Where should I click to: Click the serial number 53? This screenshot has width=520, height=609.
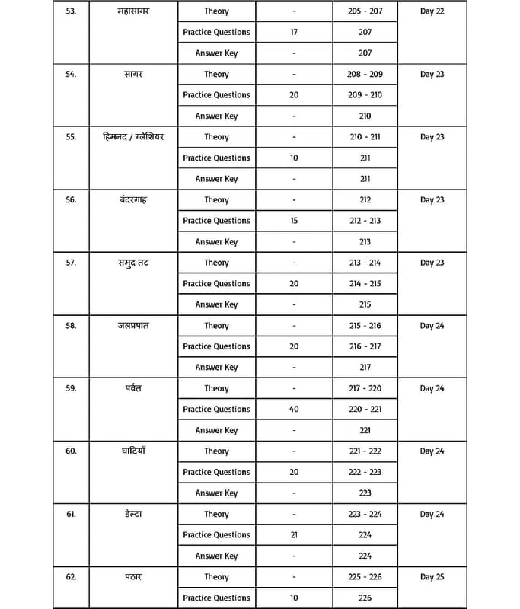point(71,11)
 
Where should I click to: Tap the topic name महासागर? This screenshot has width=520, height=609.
point(133,11)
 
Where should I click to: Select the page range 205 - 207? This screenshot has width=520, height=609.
point(365,11)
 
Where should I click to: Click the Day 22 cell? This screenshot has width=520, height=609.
point(432,11)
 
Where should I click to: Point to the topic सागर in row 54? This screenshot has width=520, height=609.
point(133,75)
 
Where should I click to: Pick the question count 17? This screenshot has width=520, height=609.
point(294,33)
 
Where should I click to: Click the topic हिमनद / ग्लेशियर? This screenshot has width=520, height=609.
point(133,137)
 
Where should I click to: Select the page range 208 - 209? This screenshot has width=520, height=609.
point(365,75)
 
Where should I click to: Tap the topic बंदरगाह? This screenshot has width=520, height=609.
point(133,200)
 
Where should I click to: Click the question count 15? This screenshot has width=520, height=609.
point(294,221)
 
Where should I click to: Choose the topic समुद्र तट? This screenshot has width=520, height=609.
point(133,263)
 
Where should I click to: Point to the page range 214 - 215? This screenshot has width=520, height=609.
point(365,284)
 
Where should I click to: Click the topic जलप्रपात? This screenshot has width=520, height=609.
point(133,326)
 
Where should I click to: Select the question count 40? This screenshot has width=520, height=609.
point(294,410)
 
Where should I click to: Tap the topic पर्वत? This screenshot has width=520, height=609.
point(133,388)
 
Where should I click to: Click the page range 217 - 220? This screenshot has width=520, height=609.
point(365,388)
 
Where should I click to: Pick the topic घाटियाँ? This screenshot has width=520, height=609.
point(133,451)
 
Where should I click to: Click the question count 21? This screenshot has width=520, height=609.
point(294,535)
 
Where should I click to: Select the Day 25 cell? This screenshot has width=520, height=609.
point(432,577)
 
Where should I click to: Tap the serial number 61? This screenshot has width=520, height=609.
point(71,515)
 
